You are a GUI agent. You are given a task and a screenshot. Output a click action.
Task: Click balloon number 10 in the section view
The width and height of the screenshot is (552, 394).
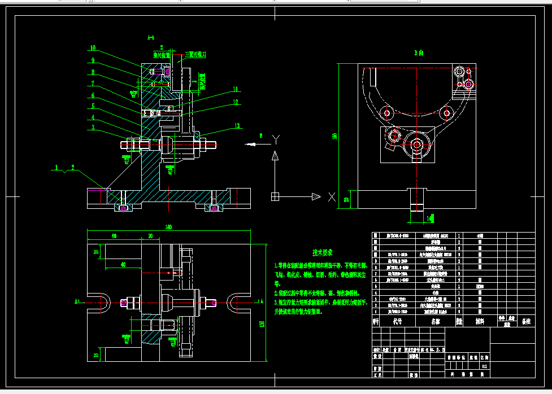(93, 48)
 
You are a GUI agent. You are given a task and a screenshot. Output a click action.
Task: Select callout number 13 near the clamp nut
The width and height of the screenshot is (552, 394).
(237, 125)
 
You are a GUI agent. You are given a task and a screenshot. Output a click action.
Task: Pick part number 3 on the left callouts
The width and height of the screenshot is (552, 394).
(93, 128)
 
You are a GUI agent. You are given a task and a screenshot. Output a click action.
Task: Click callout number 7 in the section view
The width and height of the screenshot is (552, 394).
(93, 83)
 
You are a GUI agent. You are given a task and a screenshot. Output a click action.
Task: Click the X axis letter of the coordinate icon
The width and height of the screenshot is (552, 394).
(332, 198)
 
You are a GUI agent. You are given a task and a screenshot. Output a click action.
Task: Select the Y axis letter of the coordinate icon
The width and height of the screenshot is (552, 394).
(276, 138)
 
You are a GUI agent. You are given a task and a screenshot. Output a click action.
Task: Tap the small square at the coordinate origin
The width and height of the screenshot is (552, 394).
(275, 196)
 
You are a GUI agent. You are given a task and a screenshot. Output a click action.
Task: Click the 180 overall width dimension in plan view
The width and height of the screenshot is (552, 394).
(168, 227)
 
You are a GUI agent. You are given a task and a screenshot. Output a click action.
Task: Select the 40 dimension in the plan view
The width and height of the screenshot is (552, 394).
(123, 264)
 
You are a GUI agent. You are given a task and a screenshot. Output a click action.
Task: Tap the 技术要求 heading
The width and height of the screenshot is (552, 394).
(323, 252)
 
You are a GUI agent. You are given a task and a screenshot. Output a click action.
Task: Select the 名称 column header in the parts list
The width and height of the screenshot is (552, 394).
(435, 321)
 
